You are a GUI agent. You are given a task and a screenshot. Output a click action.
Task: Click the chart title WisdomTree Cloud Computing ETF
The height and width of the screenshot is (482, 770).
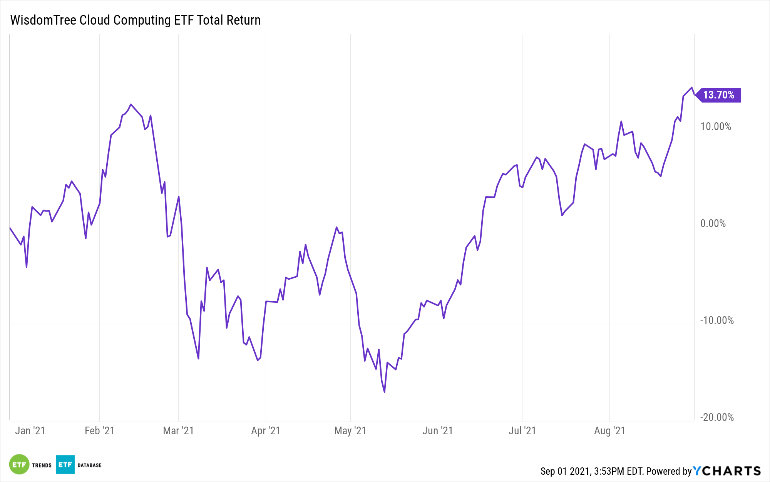click(135, 20)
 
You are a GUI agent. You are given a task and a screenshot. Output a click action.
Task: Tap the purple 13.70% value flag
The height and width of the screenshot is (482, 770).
click(718, 95)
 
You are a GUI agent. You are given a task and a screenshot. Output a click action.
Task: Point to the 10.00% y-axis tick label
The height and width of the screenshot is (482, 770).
click(715, 127)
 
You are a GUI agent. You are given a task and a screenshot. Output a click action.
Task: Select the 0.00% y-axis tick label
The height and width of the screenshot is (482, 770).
click(713, 223)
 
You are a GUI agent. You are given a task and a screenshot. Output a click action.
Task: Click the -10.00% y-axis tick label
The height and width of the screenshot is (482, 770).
click(716, 320)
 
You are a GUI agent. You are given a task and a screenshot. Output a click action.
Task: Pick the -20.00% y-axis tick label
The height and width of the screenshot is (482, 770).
click(716, 417)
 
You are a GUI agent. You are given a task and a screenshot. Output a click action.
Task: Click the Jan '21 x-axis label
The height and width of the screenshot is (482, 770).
click(30, 431)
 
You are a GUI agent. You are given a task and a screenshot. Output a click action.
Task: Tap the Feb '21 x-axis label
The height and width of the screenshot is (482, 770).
click(99, 431)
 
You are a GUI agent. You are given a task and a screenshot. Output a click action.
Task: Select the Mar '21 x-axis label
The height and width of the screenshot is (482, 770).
click(178, 431)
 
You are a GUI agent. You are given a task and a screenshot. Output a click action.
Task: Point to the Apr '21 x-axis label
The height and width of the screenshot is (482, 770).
click(266, 431)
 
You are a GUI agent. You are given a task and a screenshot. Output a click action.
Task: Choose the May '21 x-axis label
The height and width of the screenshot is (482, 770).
click(350, 431)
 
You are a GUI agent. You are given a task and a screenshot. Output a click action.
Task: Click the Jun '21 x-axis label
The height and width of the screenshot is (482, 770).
click(437, 431)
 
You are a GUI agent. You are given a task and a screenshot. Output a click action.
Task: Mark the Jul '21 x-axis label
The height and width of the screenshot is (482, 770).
click(522, 431)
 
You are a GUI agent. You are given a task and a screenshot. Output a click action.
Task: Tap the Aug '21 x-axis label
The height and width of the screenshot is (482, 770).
click(609, 431)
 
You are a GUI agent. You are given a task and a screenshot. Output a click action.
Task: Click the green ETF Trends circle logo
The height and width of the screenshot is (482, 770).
click(19, 465)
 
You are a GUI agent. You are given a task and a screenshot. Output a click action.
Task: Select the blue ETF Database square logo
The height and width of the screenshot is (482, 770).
click(65, 465)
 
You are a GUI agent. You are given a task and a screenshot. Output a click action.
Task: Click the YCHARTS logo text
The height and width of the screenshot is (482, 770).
click(727, 471)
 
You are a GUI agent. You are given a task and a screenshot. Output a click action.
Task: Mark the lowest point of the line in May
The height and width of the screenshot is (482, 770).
click(384, 392)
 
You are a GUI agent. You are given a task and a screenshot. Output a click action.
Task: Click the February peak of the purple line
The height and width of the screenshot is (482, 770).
click(131, 104)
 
